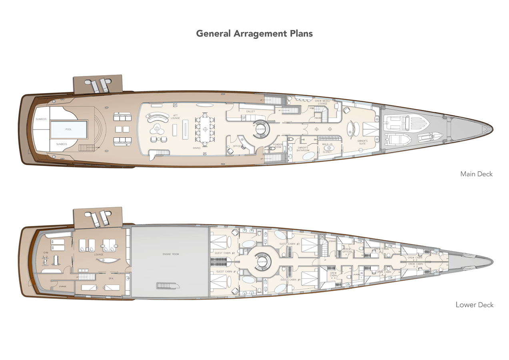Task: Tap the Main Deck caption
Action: point(476,174)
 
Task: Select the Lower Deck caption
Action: point(474,305)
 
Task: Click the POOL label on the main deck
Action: point(68,130)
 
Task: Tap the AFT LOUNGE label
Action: point(175,117)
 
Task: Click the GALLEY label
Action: point(251,112)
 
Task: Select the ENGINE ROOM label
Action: point(170,254)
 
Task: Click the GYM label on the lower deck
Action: point(46,253)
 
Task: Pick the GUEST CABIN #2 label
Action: point(225,252)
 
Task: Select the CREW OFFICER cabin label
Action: point(347,250)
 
